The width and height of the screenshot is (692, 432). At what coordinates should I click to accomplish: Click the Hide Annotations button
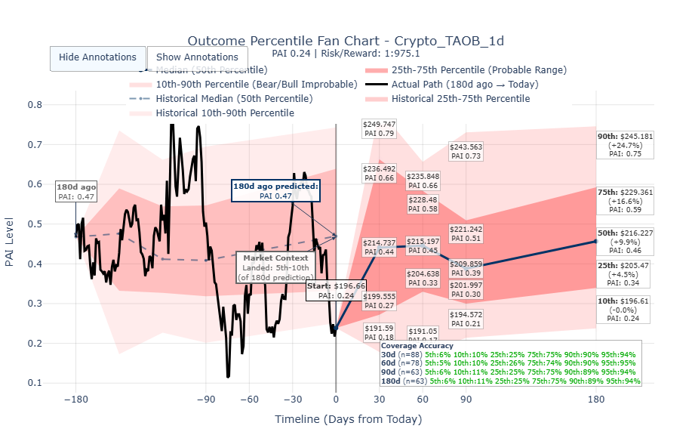97,57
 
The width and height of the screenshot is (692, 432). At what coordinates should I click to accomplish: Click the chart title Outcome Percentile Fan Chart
346,41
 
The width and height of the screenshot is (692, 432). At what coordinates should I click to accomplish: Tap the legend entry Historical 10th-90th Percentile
224,113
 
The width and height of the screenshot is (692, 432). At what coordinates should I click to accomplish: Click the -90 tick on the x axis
205,400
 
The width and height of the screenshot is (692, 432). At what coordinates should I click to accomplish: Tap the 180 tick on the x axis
596,400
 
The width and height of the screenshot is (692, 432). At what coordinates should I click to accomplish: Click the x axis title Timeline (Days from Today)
348,419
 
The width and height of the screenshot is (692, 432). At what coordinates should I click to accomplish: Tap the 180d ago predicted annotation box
275,190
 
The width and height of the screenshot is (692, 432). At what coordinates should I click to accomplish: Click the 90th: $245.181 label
625,145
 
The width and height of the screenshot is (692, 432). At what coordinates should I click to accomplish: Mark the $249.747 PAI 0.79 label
379,128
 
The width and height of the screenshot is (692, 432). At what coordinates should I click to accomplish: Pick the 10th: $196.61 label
625,309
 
